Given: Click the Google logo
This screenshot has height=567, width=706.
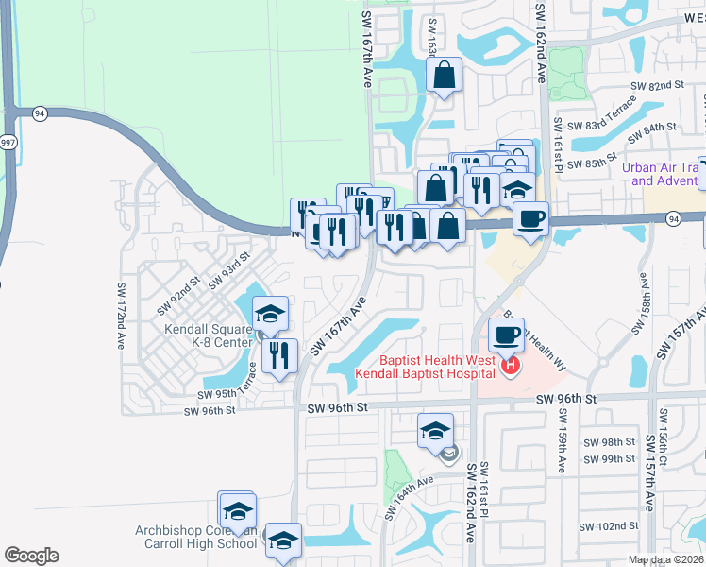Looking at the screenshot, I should (x=31, y=556).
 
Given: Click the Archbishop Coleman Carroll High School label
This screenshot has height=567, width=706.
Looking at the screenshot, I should (x=195, y=537).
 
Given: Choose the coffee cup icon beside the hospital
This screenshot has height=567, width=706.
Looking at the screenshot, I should (x=508, y=335).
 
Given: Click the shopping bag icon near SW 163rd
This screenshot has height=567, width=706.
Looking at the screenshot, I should (x=444, y=75).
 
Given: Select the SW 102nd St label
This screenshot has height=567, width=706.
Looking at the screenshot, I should (x=612, y=526).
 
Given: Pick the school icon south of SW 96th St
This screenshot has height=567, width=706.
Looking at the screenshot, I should (x=435, y=431).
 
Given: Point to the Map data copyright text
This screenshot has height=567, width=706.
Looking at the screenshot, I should (x=664, y=559).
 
